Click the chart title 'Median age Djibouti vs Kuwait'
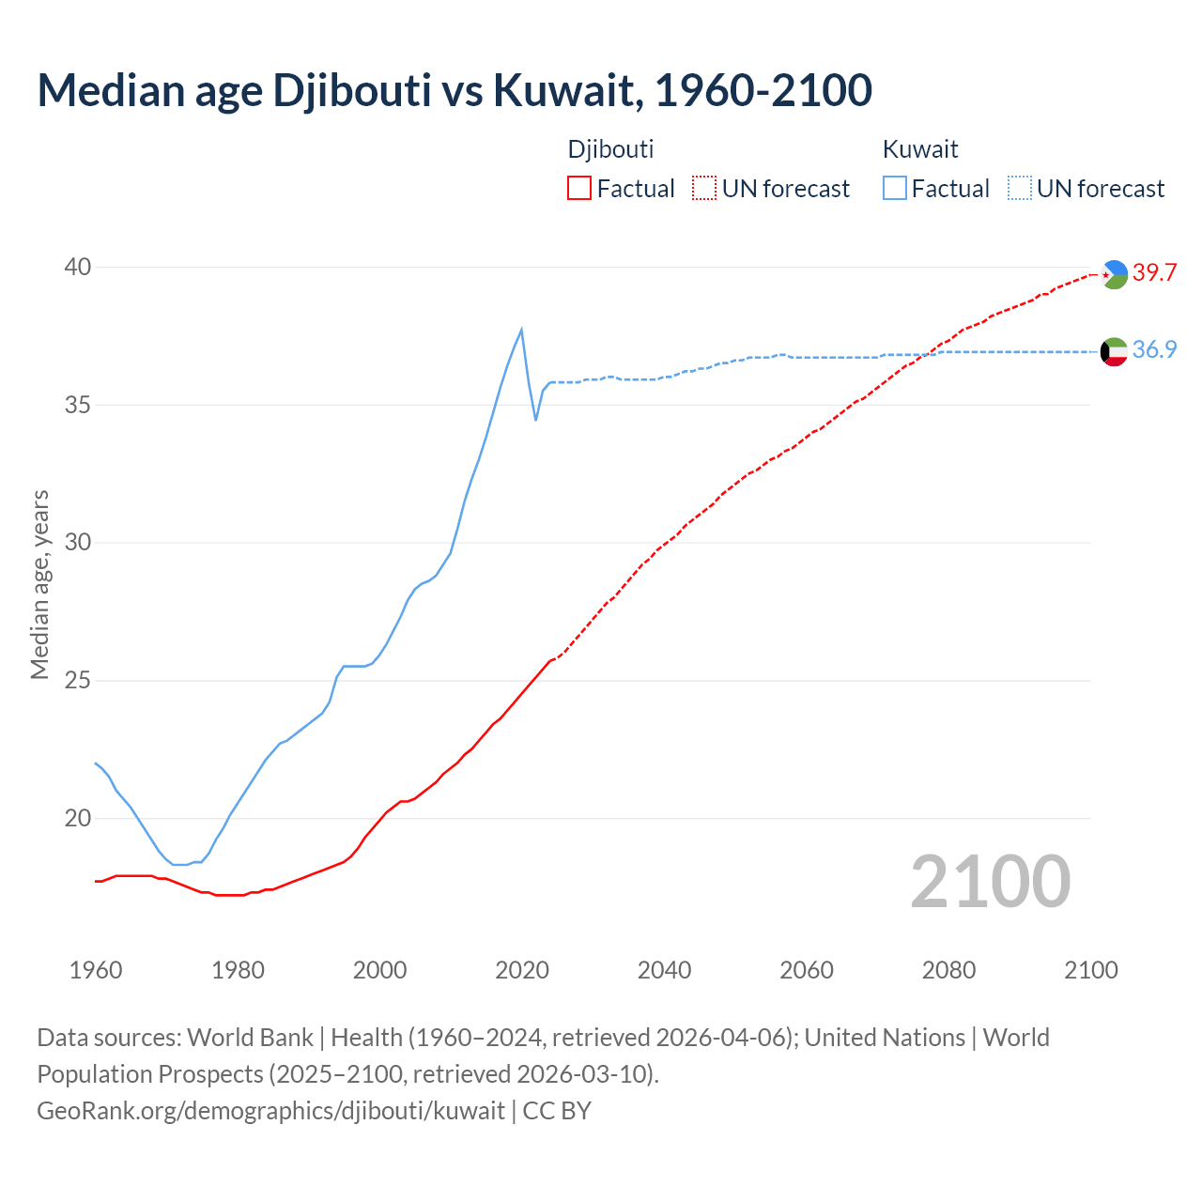pos(455,90)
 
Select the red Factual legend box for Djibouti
pos(579,189)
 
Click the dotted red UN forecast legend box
pos(704,189)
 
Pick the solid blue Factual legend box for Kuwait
pos(895,189)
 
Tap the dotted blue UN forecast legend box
pos(1020,189)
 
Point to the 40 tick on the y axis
pos(78,268)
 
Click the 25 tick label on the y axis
pos(78,681)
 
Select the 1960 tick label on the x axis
pos(96,970)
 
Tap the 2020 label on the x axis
pos(522,970)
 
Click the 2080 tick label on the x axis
pos(948,970)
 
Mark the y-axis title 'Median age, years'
pos(39,584)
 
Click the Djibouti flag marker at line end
pos(1114,274)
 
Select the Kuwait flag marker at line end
pos(1114,351)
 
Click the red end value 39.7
pos(1154,273)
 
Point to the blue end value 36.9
pos(1154,350)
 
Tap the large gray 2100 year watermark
pos(990,882)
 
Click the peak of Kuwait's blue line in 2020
pos(521,329)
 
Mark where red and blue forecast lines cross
pos(930,352)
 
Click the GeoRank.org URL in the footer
pos(270,1111)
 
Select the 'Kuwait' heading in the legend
pos(920,149)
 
